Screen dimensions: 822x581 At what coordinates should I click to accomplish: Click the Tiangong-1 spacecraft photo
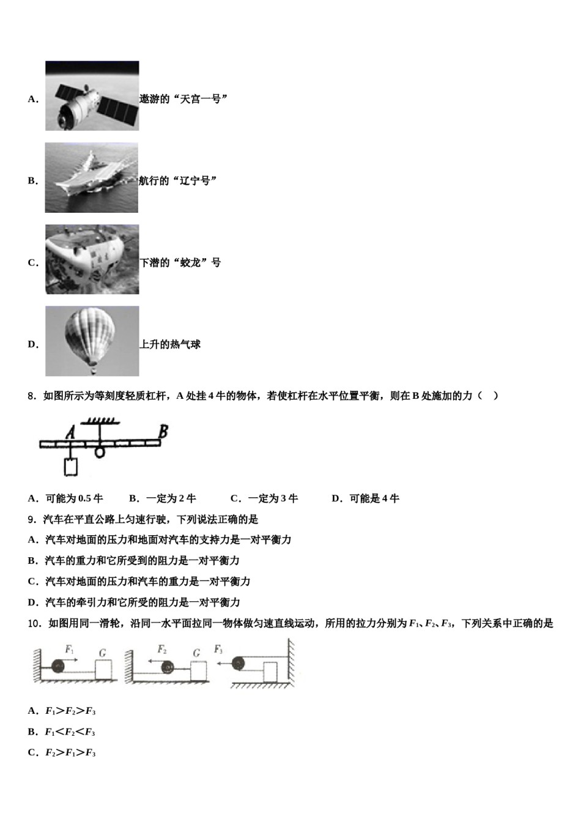click(x=92, y=96)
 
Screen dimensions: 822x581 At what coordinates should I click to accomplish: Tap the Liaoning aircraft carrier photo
click(x=91, y=178)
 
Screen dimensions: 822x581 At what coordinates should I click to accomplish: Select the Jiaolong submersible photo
click(x=92, y=259)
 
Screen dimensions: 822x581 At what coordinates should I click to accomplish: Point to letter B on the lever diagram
click(x=163, y=432)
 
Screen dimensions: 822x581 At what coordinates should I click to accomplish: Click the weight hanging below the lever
click(x=71, y=466)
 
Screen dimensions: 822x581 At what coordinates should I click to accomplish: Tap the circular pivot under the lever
click(x=100, y=452)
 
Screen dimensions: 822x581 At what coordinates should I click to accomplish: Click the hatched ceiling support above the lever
click(x=99, y=421)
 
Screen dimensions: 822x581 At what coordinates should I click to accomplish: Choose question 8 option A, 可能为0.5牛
click(x=65, y=498)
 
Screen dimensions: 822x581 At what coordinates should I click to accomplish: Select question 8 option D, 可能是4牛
click(x=365, y=498)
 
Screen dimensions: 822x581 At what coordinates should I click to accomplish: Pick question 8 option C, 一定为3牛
click(x=264, y=498)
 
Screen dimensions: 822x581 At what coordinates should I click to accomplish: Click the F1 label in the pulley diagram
click(x=70, y=650)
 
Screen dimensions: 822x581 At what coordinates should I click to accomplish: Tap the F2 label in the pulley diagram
click(x=162, y=650)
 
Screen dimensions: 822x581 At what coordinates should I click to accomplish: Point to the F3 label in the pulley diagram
click(x=218, y=650)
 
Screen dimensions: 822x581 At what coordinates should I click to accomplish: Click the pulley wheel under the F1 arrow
click(x=59, y=667)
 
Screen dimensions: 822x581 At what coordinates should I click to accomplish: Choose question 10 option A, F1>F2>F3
click(x=62, y=711)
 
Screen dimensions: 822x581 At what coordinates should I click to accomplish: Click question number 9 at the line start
click(x=33, y=519)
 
